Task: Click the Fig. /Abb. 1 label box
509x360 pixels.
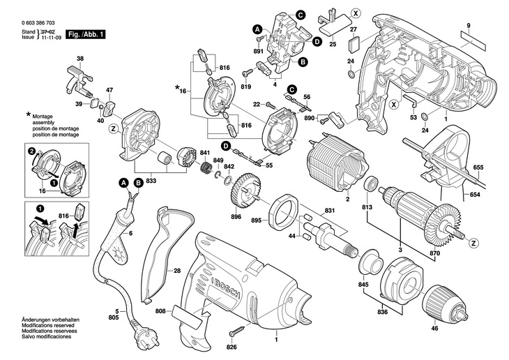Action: click(84, 34)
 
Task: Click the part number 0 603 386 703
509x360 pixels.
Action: click(41, 23)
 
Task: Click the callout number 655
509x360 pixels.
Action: click(478, 167)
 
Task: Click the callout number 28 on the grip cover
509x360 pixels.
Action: click(177, 270)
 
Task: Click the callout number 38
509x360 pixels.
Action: click(79, 58)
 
